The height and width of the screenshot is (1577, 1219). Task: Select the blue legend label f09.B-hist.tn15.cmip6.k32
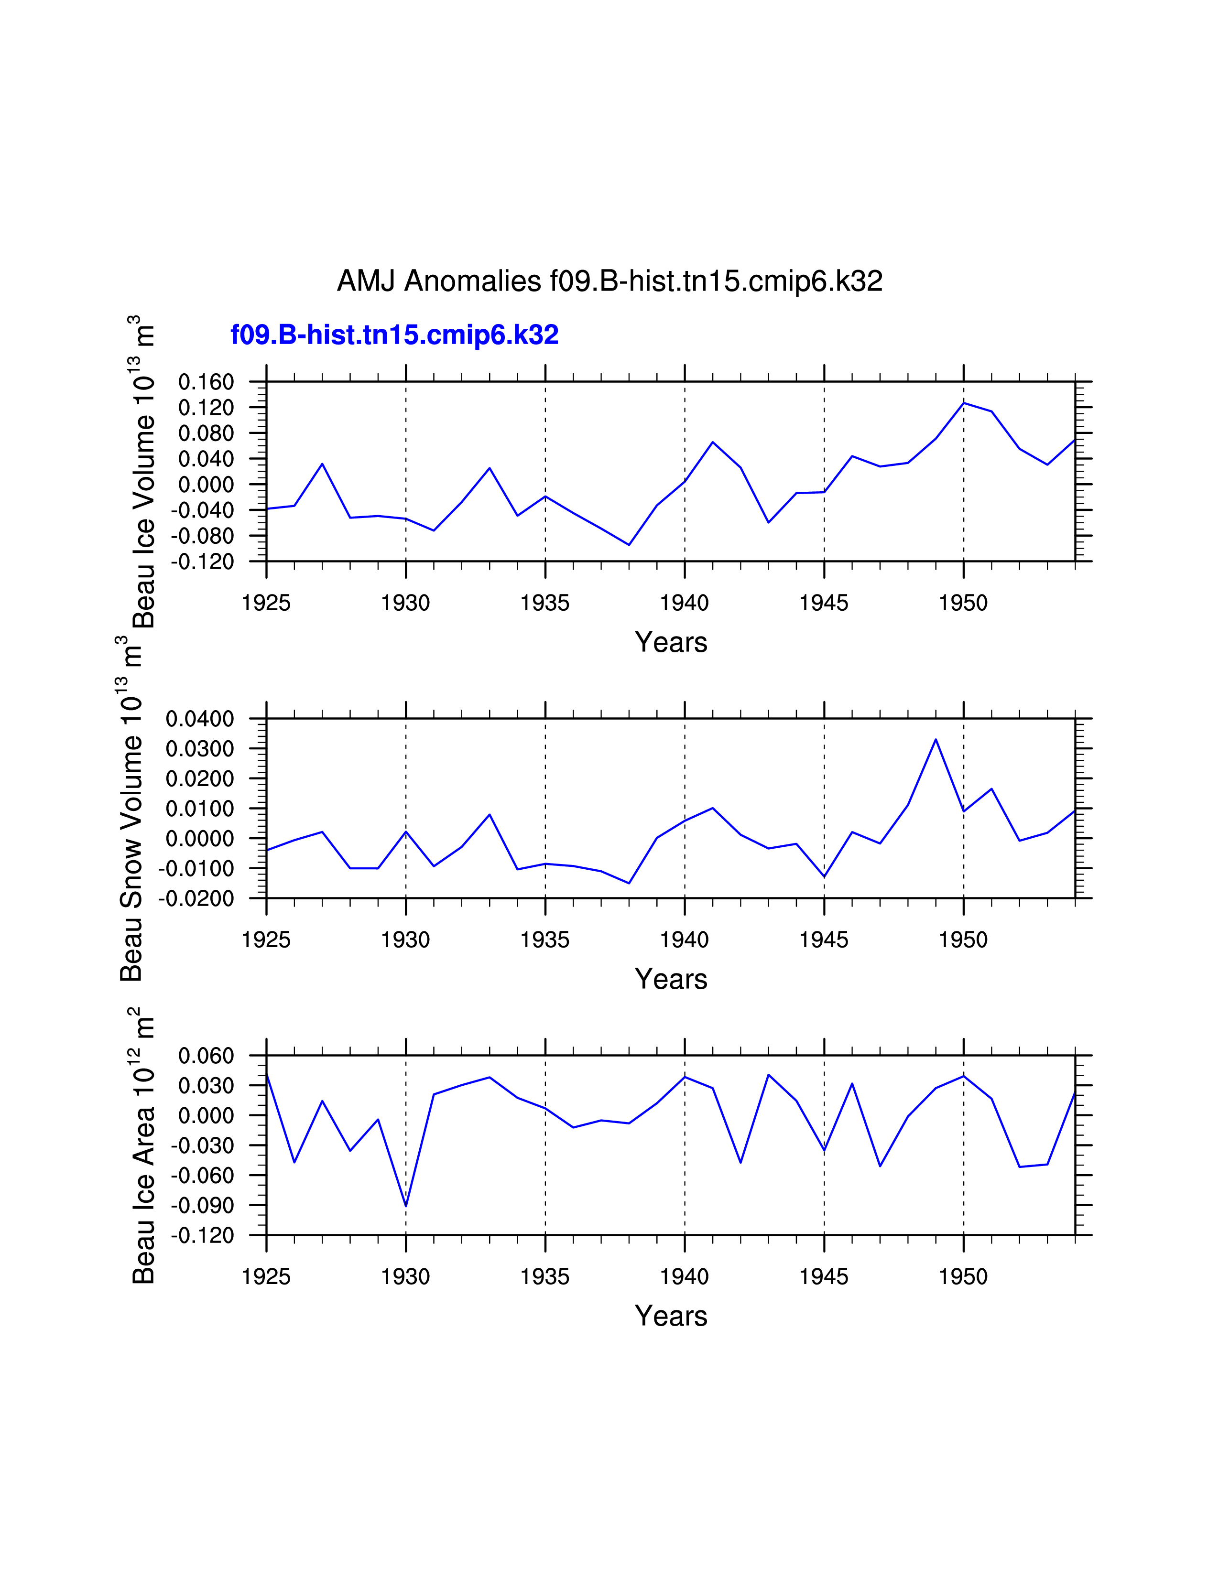coord(394,335)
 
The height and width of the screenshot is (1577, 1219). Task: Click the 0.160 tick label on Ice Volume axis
coord(207,382)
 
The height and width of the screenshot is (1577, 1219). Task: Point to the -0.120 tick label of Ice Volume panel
coord(203,561)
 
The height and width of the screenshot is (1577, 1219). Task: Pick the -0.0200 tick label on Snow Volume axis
coord(197,898)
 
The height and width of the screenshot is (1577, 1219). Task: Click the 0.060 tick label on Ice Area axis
coord(207,1056)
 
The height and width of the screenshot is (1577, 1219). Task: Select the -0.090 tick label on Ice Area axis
coord(203,1205)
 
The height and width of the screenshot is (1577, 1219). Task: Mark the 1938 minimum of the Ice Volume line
coord(629,544)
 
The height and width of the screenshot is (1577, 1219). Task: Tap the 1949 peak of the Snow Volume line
coord(936,739)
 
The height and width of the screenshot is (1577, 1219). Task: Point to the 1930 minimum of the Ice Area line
coord(406,1206)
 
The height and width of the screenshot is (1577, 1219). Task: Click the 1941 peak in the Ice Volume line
coord(713,442)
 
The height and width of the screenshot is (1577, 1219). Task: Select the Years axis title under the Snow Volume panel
coord(671,979)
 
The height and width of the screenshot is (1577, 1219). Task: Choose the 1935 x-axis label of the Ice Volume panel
coord(545,603)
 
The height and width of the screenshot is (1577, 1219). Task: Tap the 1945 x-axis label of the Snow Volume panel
coord(824,940)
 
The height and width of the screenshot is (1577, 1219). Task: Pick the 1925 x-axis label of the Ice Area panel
coord(266,1276)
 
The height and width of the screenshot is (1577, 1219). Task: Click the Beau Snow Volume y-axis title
coord(131,809)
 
